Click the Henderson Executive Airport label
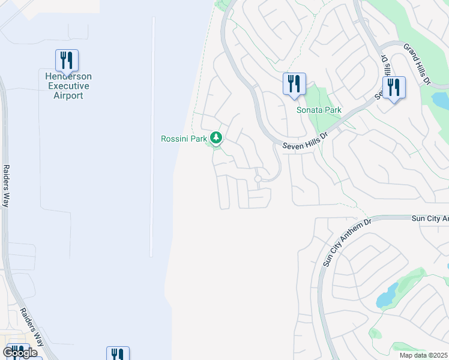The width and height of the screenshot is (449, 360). tap(67, 86)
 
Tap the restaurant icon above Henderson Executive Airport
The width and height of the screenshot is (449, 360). tap(67, 60)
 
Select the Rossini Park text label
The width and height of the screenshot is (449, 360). tap(183, 139)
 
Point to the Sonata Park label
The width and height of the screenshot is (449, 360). tap(319, 110)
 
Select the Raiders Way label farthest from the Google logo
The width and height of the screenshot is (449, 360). tap(7, 185)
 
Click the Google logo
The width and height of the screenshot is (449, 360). tap(20, 353)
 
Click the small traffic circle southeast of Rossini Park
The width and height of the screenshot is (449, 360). tap(258, 179)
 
